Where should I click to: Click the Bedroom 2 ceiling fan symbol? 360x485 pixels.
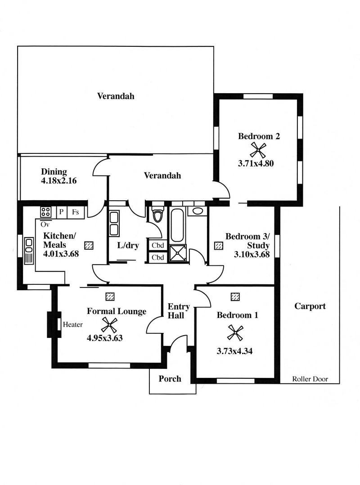tap(258, 150)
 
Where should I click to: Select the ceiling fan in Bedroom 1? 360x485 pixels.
tap(235, 332)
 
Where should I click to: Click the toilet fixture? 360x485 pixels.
tap(158, 214)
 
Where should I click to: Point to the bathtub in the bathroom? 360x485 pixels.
tap(177, 225)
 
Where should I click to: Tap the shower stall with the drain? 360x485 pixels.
tap(178, 254)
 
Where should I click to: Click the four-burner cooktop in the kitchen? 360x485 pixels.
tap(46, 212)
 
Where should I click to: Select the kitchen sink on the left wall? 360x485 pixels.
tap(29, 251)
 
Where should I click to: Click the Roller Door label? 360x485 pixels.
tap(310, 379)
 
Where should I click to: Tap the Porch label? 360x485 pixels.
tap(170, 379)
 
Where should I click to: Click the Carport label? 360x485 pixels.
tap(310, 306)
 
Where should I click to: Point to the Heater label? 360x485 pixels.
tap(73, 324)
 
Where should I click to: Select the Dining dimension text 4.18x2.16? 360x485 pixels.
tap(59, 181)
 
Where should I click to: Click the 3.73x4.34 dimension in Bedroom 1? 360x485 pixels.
tap(234, 351)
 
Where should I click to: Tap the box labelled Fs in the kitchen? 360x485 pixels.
tap(76, 212)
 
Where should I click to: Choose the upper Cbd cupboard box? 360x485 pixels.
tap(158, 245)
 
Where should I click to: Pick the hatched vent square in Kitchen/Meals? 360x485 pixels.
tap(89, 245)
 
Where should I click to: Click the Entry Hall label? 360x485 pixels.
tap(179, 311)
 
